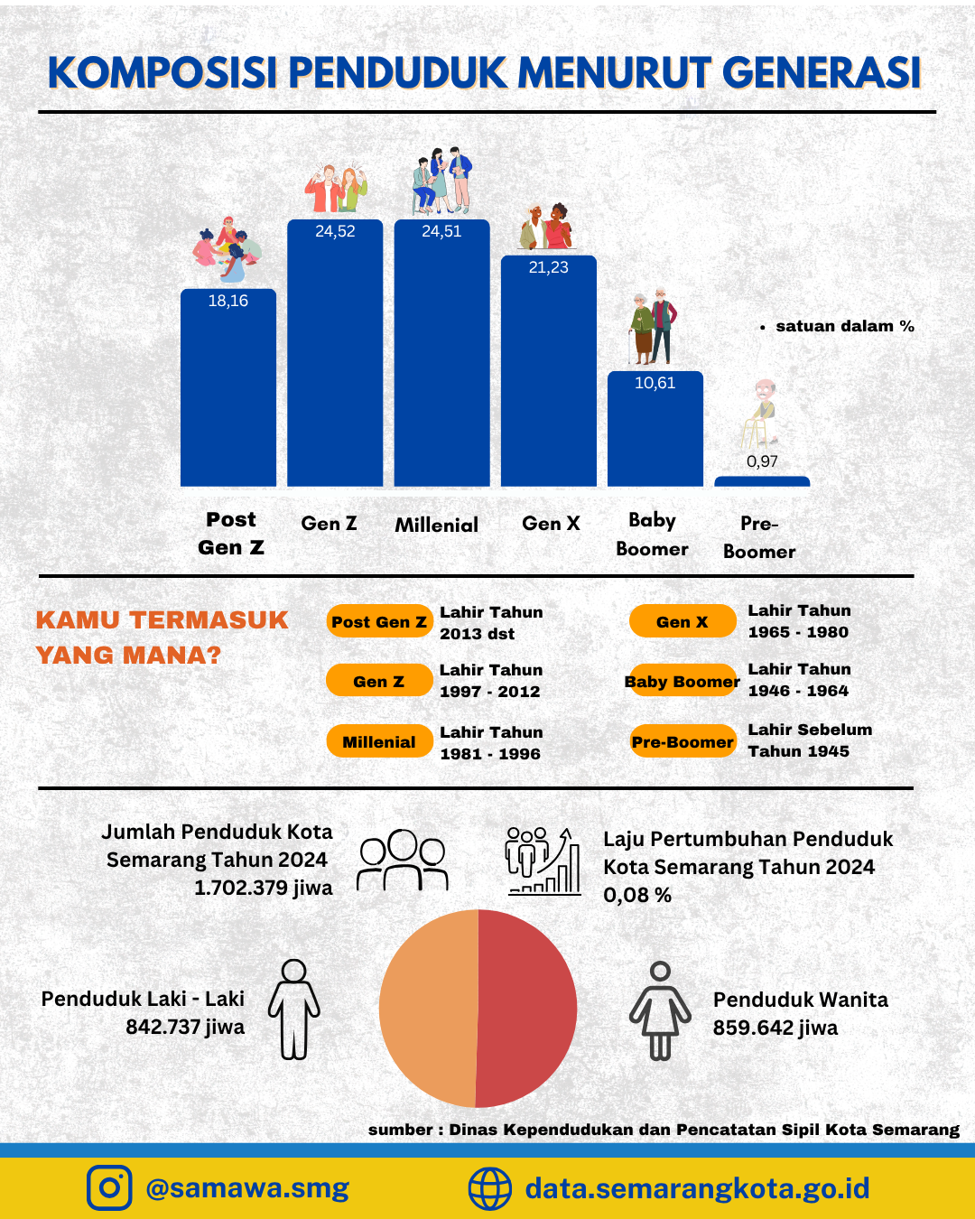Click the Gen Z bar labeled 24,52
point(335,352)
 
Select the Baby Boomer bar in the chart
point(655,429)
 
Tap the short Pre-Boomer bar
point(762,481)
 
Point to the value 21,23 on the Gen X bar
point(548,267)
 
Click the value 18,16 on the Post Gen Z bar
point(227,301)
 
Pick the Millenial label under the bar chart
point(436,526)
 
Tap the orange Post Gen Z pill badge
point(379,621)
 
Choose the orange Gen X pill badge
point(682,621)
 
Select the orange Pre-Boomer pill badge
point(682,741)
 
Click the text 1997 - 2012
point(490,692)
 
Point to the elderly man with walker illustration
point(761,414)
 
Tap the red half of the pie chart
point(527,1009)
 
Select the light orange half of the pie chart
point(428,1009)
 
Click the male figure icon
point(294,1010)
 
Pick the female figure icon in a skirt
point(660,1010)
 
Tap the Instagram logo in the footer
point(109,1187)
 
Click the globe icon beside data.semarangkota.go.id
point(490,1187)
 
